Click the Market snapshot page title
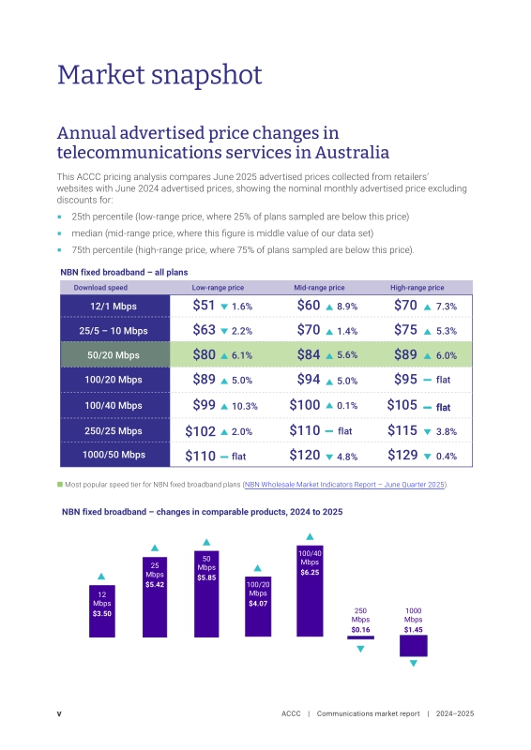coord(159,75)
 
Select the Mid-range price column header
coord(319,288)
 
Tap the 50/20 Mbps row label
coord(114,355)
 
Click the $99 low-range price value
coord(204,405)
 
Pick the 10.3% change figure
coord(245,406)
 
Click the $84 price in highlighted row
coord(309,354)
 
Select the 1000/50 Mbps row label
coord(114,455)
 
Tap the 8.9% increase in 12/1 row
coord(347,307)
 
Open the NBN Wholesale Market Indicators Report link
coord(344,485)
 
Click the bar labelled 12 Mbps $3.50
coord(102,611)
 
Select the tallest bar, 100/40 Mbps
coord(310,591)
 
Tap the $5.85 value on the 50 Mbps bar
coord(206,577)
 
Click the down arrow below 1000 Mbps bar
coord(414,664)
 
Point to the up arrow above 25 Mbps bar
coord(155,548)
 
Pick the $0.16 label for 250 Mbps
coord(360,629)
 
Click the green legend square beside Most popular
coord(60,485)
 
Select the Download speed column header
coord(100,288)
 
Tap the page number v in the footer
coord(59,713)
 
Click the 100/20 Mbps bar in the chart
coord(258,607)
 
